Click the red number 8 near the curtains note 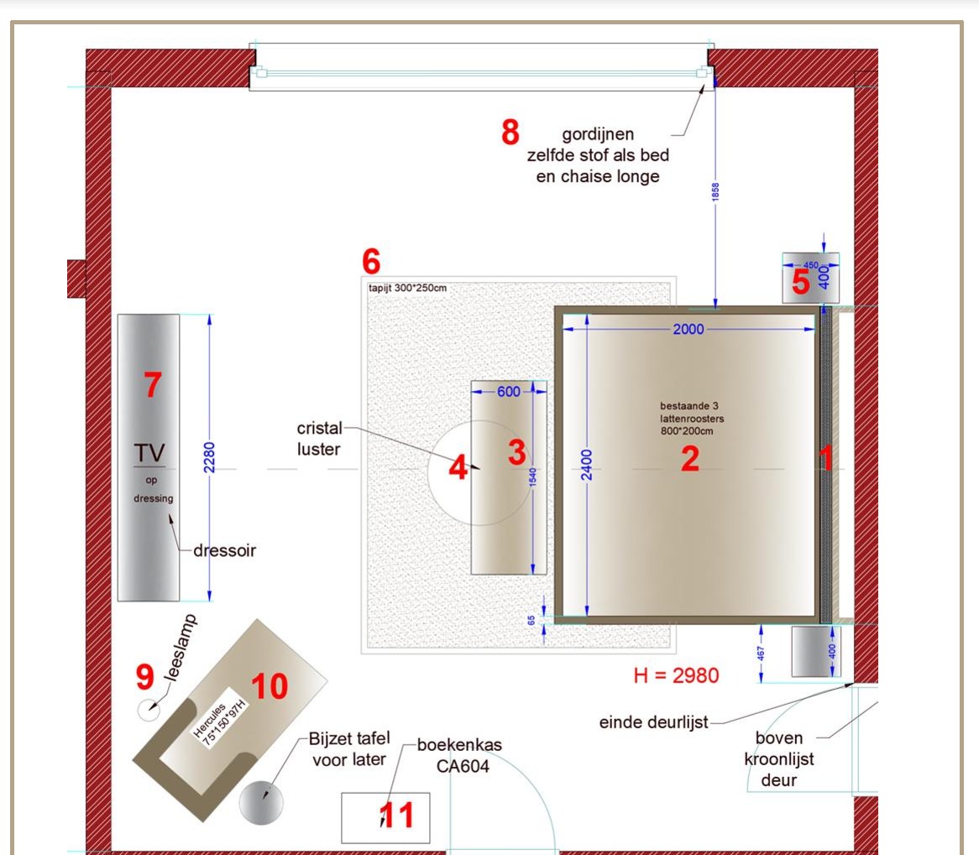(510, 133)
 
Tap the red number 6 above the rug (371, 262)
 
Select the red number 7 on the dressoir (153, 384)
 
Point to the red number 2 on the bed (690, 459)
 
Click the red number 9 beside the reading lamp (145, 676)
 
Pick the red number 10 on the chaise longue (270, 686)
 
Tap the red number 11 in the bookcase (396, 815)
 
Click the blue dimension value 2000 (688, 329)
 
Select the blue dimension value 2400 (586, 465)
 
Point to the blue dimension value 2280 (209, 457)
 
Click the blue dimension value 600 (509, 391)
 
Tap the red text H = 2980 (676, 675)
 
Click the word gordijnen (598, 134)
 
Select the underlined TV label (149, 454)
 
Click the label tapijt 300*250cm (408, 288)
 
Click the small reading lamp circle (149, 710)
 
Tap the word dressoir (225, 550)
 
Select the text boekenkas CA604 (461, 755)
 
